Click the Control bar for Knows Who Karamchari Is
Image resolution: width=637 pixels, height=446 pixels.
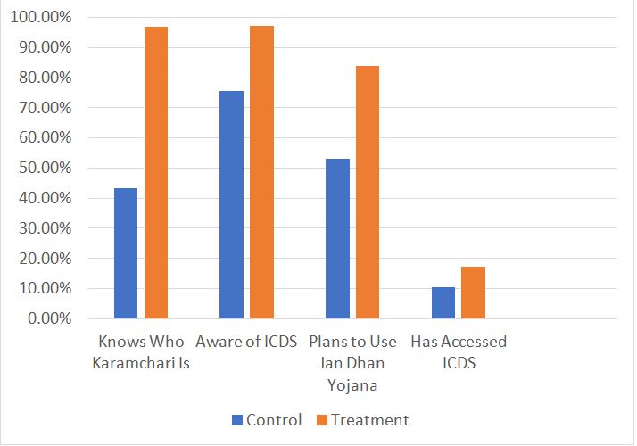point(126,253)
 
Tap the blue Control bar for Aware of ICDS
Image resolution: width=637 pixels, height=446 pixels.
point(232,204)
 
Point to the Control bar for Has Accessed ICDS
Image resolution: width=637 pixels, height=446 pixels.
point(443,302)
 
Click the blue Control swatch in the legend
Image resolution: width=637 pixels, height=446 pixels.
point(237,420)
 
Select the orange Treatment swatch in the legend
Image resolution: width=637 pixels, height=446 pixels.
point(322,420)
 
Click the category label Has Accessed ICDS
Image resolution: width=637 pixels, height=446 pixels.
point(459,352)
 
